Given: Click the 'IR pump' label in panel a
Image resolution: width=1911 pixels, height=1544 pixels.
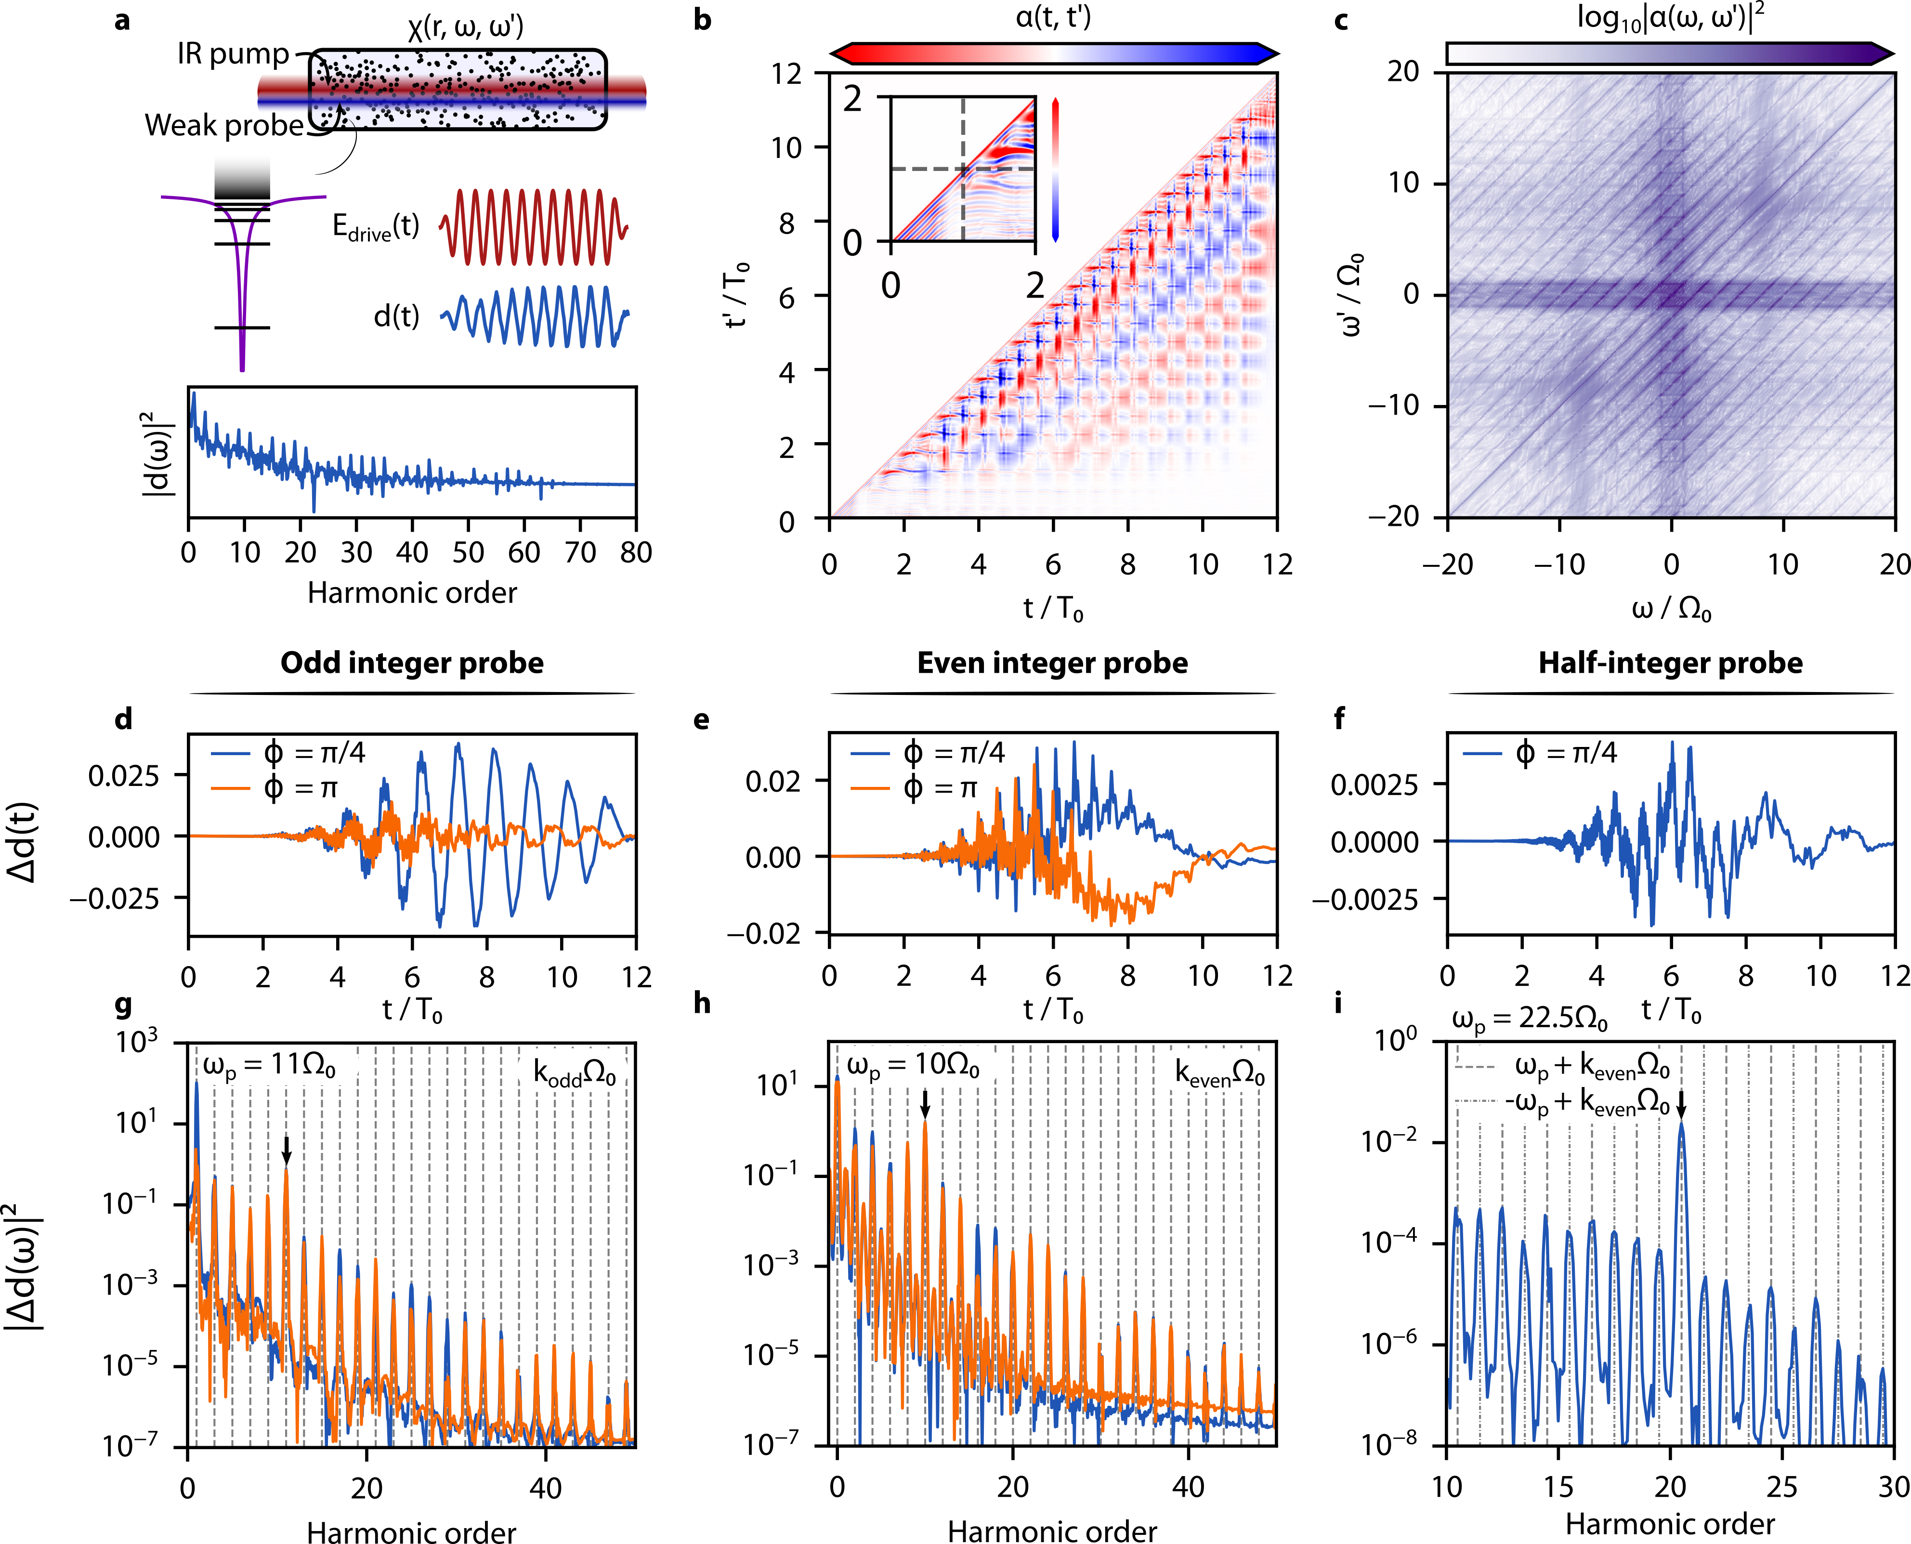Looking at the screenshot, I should [x=233, y=54].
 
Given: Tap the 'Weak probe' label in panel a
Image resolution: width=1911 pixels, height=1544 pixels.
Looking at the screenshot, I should [x=224, y=125].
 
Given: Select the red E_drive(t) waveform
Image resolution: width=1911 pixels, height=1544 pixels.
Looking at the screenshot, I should [x=534, y=227].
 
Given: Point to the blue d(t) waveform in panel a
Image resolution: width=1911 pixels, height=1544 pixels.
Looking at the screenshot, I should [x=534, y=316].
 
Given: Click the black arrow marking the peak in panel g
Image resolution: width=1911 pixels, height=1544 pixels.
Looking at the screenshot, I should [x=287, y=1149].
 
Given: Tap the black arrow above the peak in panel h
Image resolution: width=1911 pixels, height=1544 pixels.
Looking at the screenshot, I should [x=925, y=1104].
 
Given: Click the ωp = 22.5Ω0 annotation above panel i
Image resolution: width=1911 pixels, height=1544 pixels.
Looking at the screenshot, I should [x=1530, y=1020].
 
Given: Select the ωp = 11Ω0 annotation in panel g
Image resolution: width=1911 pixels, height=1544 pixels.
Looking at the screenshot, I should [x=269, y=1065].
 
